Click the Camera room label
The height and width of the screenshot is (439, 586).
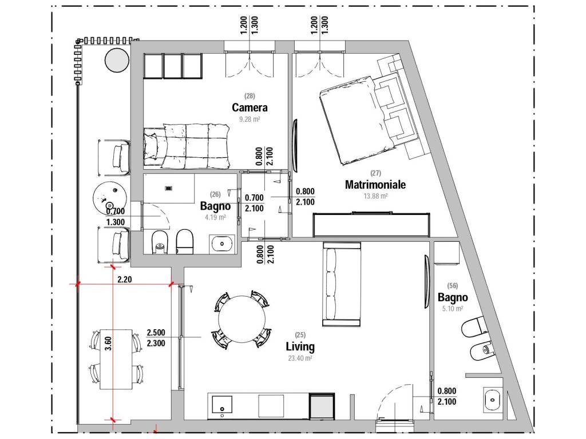[x=250, y=107]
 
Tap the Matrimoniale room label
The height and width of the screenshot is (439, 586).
[x=375, y=185]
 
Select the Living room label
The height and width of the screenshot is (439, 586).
[x=300, y=347]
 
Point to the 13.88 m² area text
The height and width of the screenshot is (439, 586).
[x=375, y=195]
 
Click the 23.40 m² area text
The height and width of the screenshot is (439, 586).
[x=300, y=358]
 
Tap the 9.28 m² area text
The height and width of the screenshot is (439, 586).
[x=250, y=119]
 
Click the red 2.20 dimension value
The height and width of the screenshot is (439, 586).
[x=124, y=279]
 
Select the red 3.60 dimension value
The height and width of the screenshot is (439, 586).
[x=108, y=344]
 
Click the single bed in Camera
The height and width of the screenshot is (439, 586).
[x=186, y=146]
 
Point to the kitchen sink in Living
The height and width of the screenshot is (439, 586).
[x=222, y=404]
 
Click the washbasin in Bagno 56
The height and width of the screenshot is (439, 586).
[x=493, y=400]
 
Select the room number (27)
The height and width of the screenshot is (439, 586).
[x=375, y=173]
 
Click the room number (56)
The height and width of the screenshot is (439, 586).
[x=452, y=286]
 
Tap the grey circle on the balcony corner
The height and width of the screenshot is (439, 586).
[x=117, y=60]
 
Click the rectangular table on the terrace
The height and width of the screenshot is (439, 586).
[x=116, y=359]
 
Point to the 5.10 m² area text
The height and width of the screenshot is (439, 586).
[x=452, y=309]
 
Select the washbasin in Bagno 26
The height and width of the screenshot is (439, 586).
[x=222, y=244]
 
